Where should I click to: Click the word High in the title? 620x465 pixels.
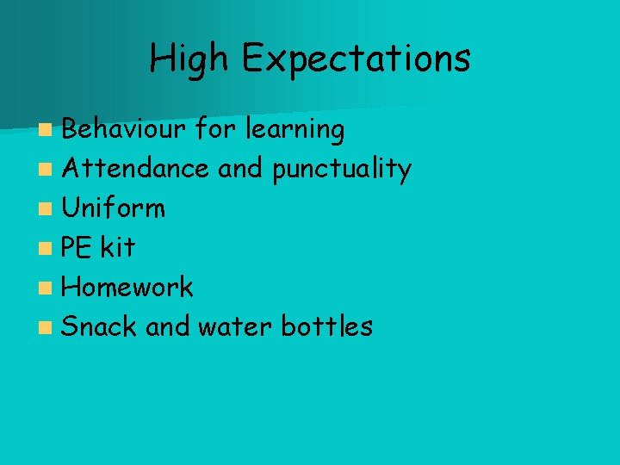[x=189, y=59]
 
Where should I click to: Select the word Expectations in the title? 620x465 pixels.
[x=356, y=59]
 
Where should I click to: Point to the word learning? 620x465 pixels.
[x=294, y=130]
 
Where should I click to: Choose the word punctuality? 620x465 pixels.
[x=341, y=170]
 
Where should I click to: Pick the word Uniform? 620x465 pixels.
[x=114, y=208]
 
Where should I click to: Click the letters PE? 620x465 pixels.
[x=77, y=247]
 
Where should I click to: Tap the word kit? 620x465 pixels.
[x=117, y=247]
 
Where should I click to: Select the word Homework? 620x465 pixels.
[x=127, y=287]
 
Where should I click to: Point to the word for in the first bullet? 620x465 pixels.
[x=215, y=129]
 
